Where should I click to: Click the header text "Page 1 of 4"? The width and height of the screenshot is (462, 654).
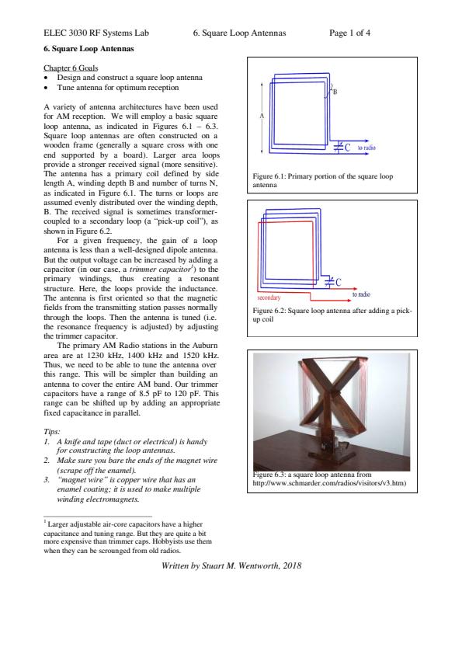(x=349, y=33)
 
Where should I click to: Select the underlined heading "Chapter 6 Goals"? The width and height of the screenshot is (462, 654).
(x=71, y=68)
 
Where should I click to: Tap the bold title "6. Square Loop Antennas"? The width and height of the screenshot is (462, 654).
(x=89, y=48)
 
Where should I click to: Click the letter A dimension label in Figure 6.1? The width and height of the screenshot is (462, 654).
(x=262, y=116)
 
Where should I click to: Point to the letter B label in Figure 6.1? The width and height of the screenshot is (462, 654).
(x=335, y=92)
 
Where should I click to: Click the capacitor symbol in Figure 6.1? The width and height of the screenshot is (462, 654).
(x=339, y=148)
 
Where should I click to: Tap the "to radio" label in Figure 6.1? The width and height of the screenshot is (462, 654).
(x=366, y=148)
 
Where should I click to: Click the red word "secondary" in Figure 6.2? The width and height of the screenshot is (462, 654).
(x=269, y=297)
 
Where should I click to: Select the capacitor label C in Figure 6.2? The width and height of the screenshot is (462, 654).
(x=339, y=283)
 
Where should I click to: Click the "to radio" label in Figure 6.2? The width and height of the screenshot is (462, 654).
(x=361, y=294)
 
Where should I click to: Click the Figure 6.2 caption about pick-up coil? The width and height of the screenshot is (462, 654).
(x=332, y=315)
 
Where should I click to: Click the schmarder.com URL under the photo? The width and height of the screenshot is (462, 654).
(x=329, y=483)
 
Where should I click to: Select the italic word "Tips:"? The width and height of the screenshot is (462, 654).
(x=52, y=432)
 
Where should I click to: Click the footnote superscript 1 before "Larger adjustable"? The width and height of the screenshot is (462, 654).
(x=45, y=521)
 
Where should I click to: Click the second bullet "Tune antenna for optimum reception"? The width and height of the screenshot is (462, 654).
(x=118, y=88)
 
